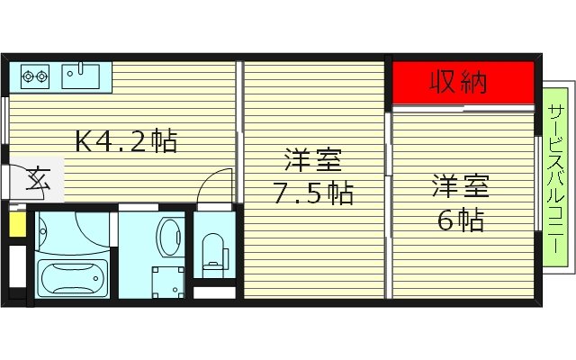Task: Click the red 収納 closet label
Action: point(457,83)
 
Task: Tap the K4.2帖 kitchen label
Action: point(125,140)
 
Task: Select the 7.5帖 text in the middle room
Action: point(313,193)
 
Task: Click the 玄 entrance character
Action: point(38,180)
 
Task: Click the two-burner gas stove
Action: point(35,76)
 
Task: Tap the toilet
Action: point(213,252)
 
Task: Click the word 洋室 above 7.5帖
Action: point(312,162)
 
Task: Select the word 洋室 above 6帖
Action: point(460,188)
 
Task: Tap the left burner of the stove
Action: point(27,76)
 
